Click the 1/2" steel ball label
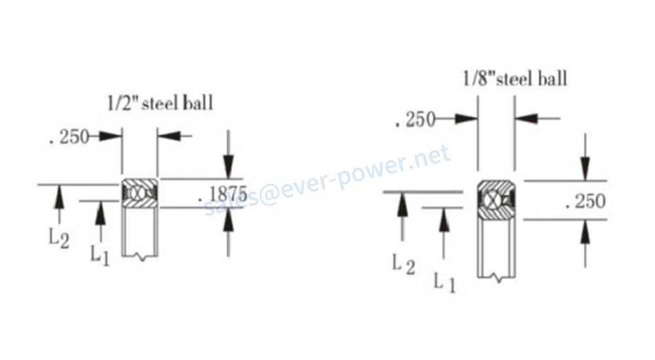pos(160,103)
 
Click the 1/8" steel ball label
pos(515,79)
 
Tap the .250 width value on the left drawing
pos(69,137)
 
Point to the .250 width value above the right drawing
pos(415,119)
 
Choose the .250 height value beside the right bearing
pos(585,201)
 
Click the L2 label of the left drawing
pos(59,239)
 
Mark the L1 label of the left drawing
pos(100,255)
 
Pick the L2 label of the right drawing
pos(403,265)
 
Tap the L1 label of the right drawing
pos(444,282)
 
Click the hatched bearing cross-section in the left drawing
pos(140,193)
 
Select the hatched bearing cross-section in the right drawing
pos(496,200)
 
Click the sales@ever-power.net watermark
pos(327,180)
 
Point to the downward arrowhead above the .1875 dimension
pos(228,167)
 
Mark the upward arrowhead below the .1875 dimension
pos(228,219)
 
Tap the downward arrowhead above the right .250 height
pos(585,169)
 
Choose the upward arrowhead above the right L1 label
pos(444,219)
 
